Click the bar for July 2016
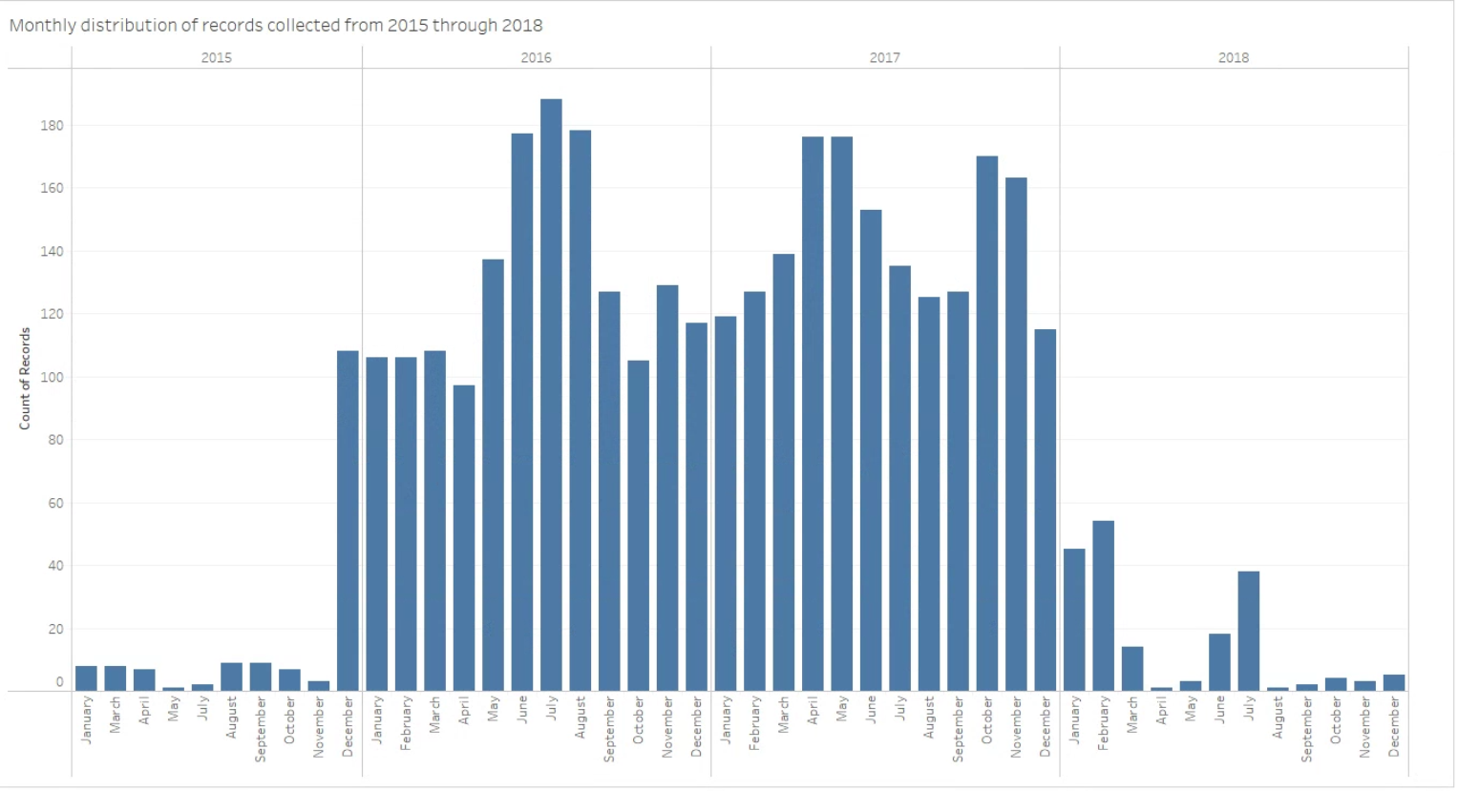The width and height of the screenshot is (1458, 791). point(551,395)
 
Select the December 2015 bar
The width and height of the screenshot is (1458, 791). point(348,521)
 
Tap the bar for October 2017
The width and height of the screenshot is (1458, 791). point(987,424)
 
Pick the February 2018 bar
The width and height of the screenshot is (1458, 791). point(1103,606)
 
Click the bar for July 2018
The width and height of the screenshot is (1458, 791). point(1248,631)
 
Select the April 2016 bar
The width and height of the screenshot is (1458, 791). point(464,538)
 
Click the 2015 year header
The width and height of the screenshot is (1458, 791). point(217,58)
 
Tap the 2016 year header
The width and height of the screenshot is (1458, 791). point(536,58)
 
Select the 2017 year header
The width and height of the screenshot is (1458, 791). point(884,58)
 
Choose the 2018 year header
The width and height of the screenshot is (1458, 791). point(1233,58)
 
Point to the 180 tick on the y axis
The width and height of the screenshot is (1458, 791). point(52,125)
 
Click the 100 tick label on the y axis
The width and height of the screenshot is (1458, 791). point(52,377)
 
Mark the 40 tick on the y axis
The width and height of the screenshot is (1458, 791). point(54,566)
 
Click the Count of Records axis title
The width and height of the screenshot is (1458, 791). point(25,379)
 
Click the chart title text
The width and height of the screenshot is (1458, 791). point(276,26)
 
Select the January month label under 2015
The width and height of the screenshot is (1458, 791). point(87,720)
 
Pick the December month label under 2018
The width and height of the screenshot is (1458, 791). point(1394,726)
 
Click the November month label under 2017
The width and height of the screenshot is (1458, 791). point(1016,727)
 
